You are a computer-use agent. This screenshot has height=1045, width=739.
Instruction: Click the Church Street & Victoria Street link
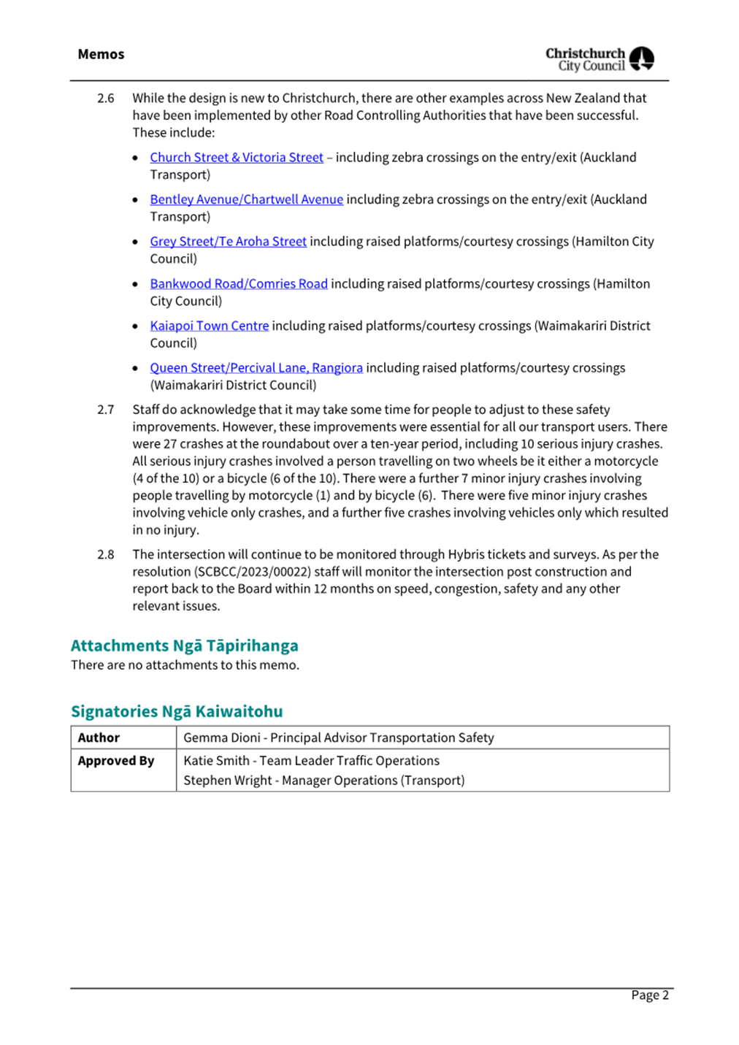237,158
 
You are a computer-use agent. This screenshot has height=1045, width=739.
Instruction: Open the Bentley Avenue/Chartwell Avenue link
246,199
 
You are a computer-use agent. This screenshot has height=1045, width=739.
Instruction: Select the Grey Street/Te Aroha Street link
228,242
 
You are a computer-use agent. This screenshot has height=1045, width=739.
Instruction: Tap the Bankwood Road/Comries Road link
239,284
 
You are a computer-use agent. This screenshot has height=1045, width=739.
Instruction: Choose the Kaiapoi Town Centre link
209,326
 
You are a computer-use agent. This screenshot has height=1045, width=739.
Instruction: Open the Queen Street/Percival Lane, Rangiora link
256,368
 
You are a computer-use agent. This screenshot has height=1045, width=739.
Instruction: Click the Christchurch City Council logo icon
641,58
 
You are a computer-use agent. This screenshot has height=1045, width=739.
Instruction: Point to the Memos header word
101,55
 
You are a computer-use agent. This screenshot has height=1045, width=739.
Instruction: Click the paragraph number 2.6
106,99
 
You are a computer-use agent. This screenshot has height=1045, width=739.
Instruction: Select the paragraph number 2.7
106,410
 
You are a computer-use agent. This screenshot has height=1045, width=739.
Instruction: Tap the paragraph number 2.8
106,555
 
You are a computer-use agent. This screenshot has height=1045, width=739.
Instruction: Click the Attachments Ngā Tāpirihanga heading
184,646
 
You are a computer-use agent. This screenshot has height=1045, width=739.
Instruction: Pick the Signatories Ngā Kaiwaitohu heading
177,711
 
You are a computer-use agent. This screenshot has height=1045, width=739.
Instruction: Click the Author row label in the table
99,738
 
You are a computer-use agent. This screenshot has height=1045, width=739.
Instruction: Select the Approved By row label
116,761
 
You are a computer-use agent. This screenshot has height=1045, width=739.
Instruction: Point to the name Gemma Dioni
222,738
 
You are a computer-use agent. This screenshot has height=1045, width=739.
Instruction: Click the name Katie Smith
216,761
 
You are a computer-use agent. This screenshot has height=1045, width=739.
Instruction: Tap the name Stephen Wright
227,781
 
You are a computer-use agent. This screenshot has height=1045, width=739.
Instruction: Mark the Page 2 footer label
650,995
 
